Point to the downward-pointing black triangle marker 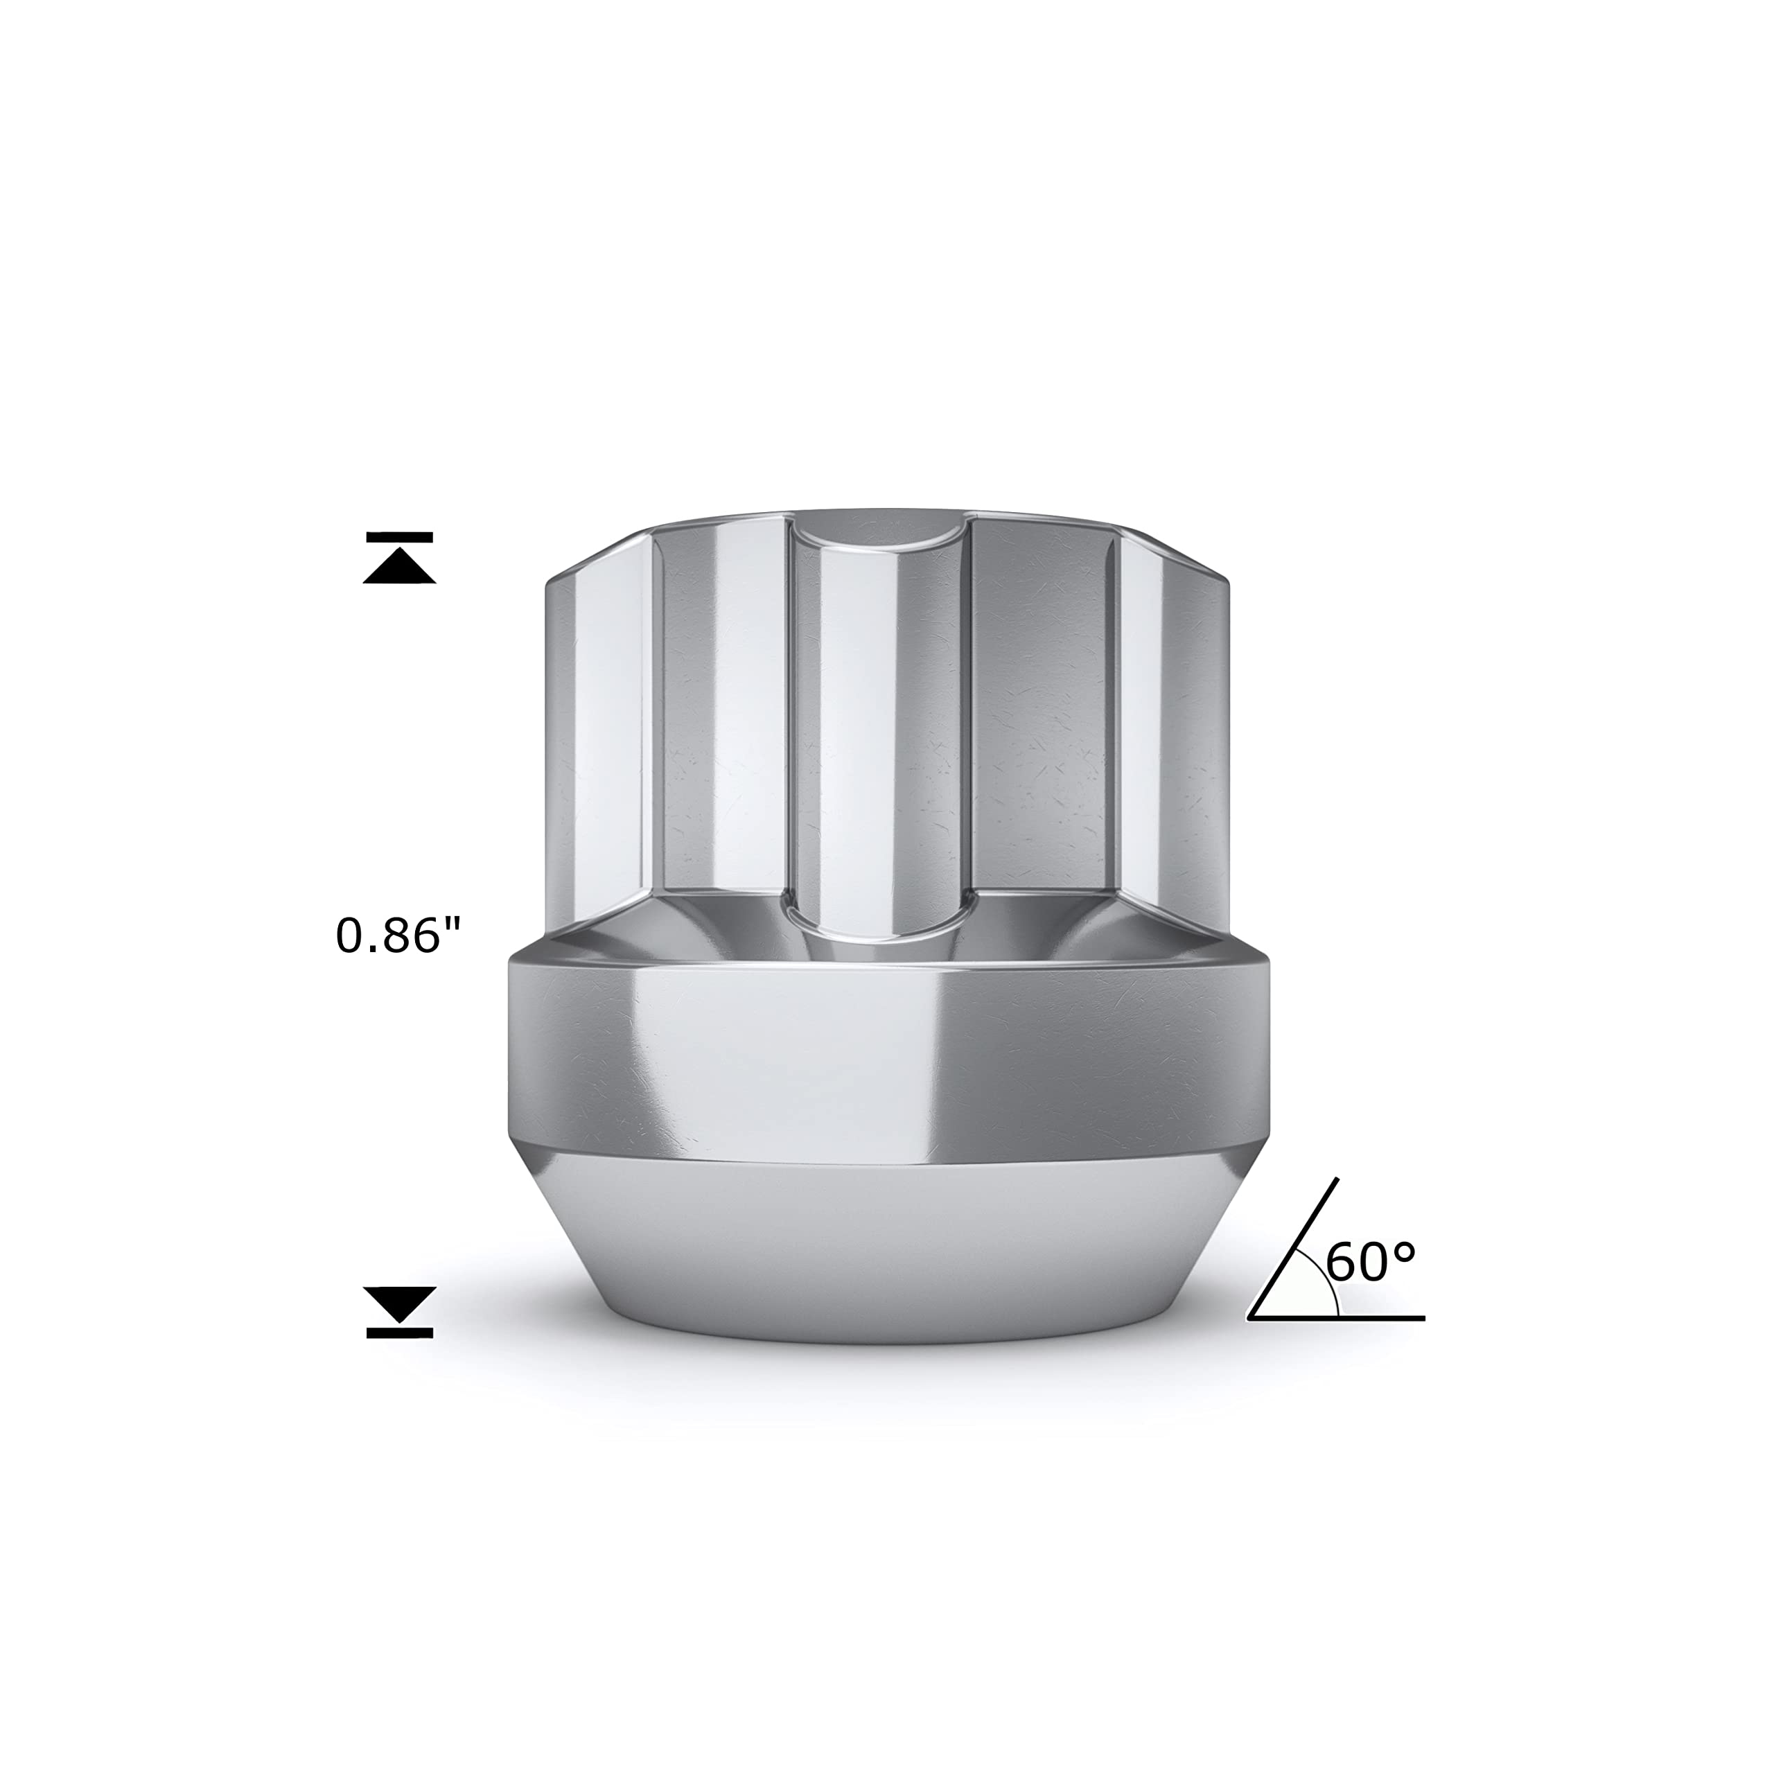point(399,1305)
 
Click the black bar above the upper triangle point(399,536)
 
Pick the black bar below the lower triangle point(399,1333)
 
